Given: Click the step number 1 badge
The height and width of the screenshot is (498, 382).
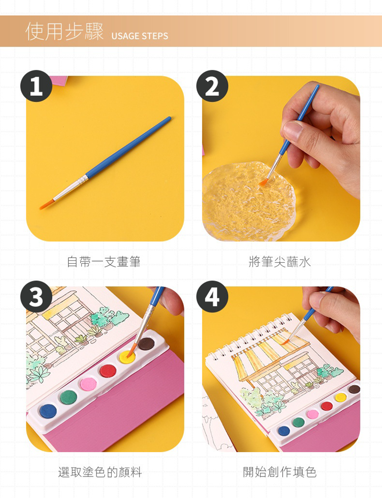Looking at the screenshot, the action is click(36, 86).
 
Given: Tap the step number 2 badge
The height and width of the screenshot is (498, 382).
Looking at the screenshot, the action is click(212, 86).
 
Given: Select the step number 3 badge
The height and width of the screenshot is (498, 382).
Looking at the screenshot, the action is click(36, 297).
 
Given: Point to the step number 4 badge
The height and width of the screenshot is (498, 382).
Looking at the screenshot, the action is click(212, 297).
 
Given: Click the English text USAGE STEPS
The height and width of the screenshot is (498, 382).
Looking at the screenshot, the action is click(139, 36).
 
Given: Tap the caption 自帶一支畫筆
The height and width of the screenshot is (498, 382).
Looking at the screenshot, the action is click(104, 262).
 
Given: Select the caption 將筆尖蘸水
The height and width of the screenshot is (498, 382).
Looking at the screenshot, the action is click(279, 262).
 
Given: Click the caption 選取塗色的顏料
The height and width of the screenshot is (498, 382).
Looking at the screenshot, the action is click(100, 472).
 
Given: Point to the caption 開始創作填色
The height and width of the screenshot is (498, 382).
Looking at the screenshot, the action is click(279, 472).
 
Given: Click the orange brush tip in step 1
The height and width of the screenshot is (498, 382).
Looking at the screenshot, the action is click(46, 205).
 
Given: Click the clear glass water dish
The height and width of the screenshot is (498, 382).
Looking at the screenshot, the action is click(249, 201).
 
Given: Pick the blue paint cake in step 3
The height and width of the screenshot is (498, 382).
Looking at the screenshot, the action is click(48, 411).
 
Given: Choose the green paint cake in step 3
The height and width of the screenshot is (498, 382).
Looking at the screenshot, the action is click(68, 397).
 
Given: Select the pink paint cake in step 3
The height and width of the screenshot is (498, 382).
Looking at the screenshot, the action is click(88, 384).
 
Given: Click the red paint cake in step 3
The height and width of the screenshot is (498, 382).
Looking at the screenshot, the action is click(108, 371).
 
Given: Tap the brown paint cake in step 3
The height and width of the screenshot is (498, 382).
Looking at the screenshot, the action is click(146, 344).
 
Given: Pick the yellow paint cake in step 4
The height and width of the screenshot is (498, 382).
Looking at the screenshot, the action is click(340, 397).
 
